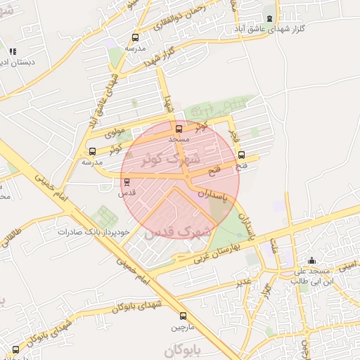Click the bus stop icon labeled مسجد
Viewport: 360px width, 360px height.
click(x=178, y=129)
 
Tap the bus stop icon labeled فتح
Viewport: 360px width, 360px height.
click(x=242, y=155)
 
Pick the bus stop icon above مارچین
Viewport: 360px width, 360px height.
click(x=183, y=316)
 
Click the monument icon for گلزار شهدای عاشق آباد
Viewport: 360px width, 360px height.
click(x=269, y=19)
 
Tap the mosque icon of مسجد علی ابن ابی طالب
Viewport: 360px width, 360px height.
click(x=311, y=261)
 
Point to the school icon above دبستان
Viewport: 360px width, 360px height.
click(x=12, y=51)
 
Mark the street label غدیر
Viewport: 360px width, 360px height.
click(x=244, y=281)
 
